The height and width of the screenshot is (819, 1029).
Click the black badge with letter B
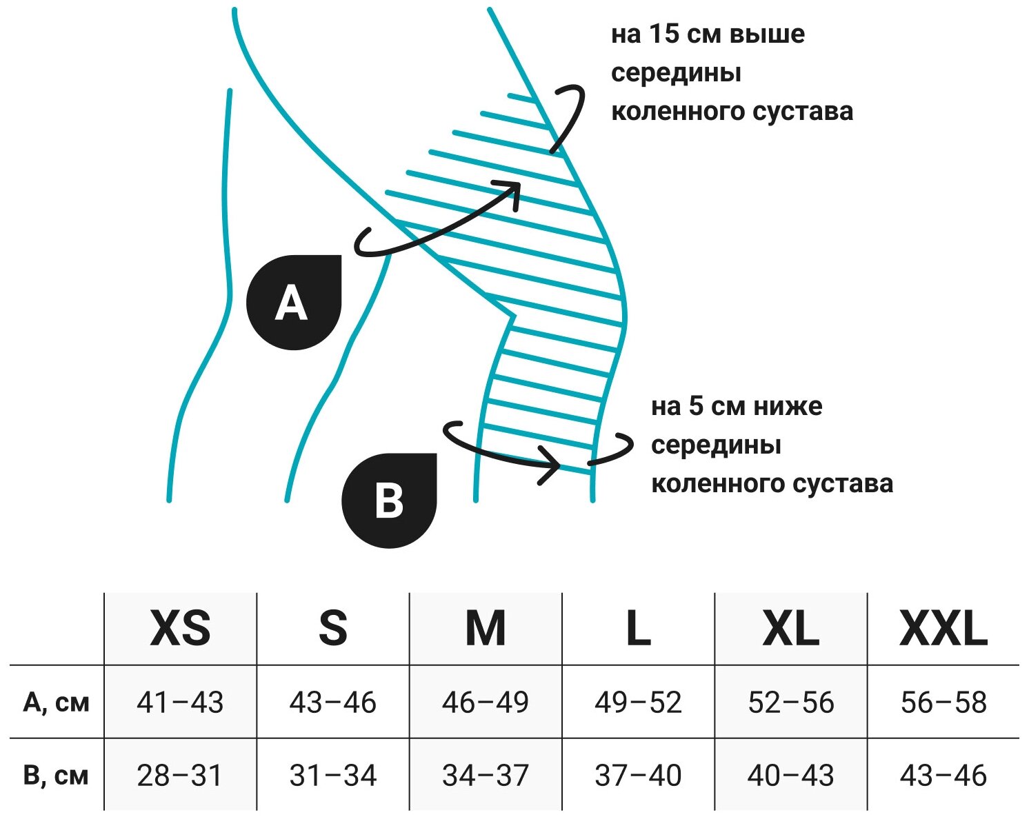390,501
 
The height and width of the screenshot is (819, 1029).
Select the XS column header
180,628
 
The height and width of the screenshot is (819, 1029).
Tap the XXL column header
943,628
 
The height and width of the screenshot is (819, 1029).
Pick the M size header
486,628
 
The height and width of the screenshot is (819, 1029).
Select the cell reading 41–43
180,702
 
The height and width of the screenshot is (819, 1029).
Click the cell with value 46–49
486,702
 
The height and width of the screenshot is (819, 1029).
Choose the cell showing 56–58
943,702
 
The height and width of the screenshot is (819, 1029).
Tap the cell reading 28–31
180,776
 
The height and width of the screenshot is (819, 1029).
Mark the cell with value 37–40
638,776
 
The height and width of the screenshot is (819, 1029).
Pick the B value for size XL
790,776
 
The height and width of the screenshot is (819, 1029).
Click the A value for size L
638,702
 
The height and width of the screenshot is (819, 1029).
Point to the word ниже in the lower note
787,407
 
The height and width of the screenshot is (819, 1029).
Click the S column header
333,628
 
